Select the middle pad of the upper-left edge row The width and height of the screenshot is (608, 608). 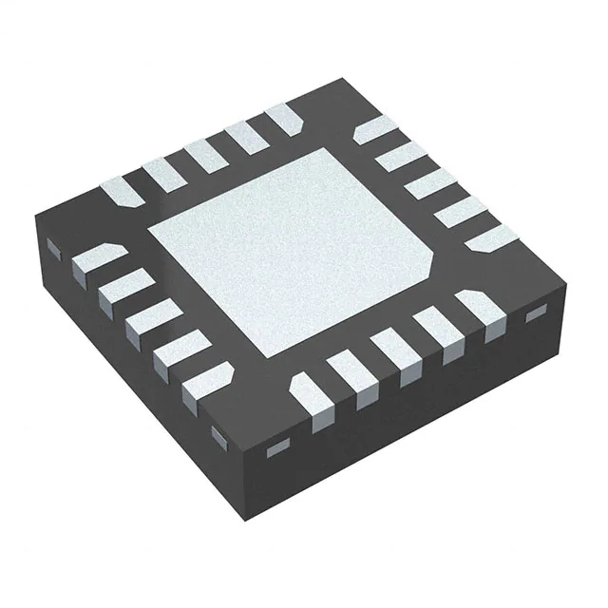coord(202,154)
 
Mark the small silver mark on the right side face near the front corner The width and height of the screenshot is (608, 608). coord(278,446)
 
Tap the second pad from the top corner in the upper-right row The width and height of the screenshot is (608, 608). coord(396,158)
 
